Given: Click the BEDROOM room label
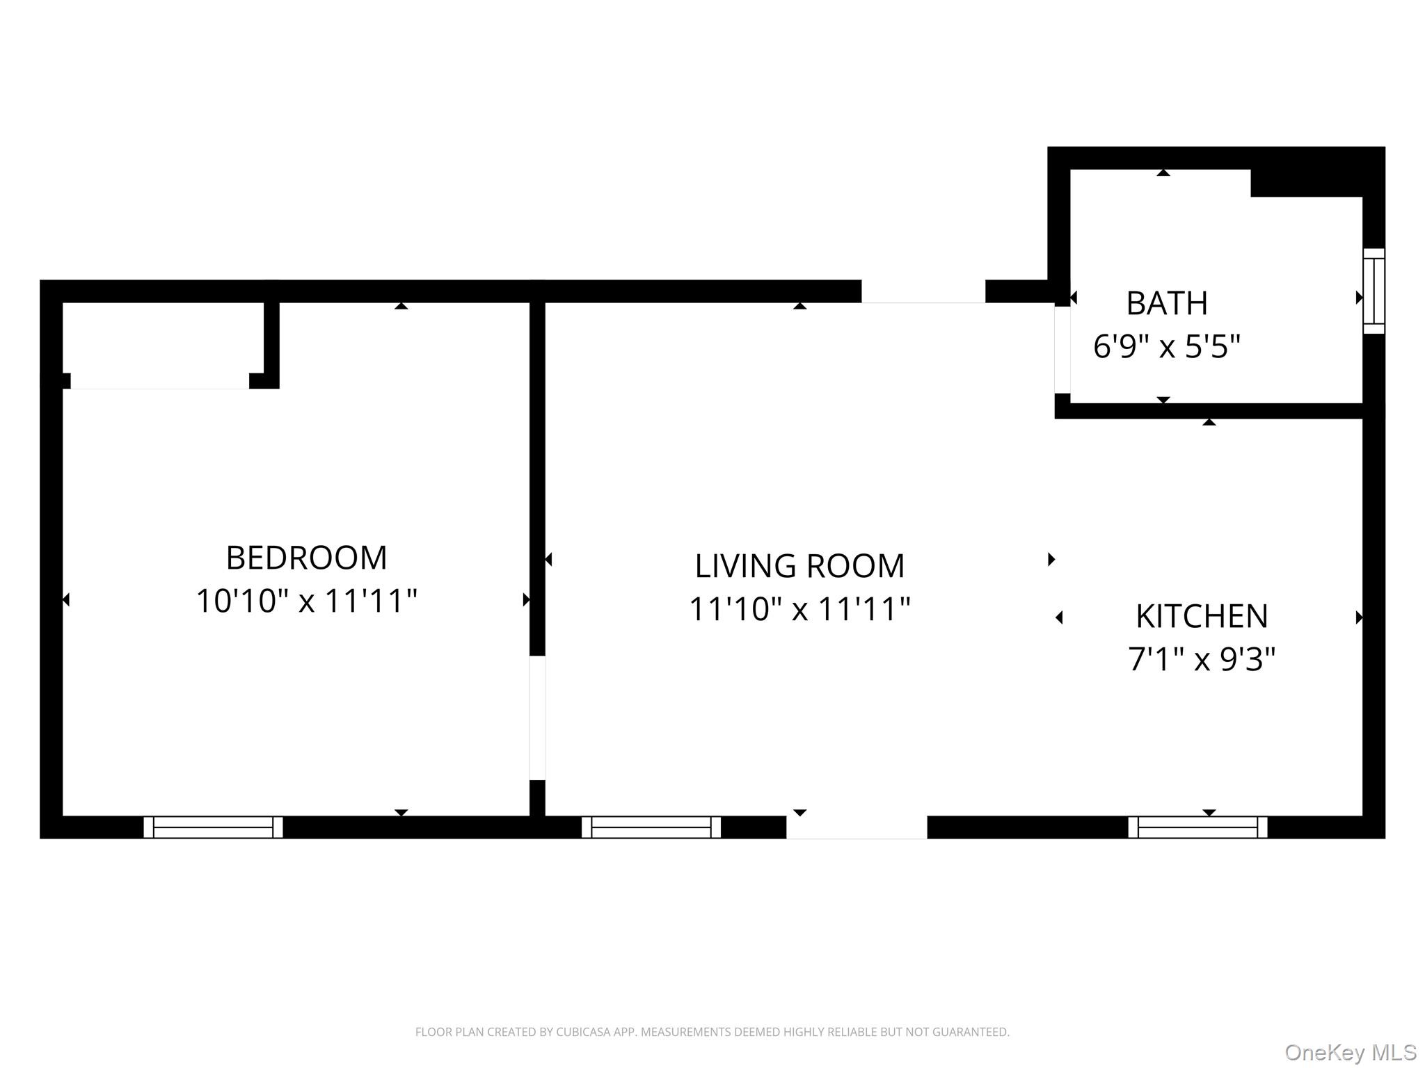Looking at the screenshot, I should point(306,558).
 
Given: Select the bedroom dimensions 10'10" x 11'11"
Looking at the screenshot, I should point(306,601).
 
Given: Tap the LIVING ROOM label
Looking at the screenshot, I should point(799,566).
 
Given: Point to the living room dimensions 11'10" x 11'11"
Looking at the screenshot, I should point(799,609).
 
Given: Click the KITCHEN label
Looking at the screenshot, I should point(1202,616).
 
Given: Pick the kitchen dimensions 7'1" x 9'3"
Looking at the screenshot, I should point(1202,659).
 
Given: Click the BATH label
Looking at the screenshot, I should point(1167,303).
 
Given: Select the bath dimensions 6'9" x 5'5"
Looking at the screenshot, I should point(1167,346).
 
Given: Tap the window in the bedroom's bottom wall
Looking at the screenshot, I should point(213,827).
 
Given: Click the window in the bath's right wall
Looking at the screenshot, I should point(1374,291).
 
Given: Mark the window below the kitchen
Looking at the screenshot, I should point(1197,827).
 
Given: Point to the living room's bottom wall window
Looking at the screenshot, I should point(651,827).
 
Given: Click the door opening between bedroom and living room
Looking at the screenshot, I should point(537,718).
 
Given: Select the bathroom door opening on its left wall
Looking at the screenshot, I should point(1062,350).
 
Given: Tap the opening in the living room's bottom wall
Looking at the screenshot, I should point(857,827).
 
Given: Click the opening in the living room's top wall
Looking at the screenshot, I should point(923,291).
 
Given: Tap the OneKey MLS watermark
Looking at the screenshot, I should point(1350,1052).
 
